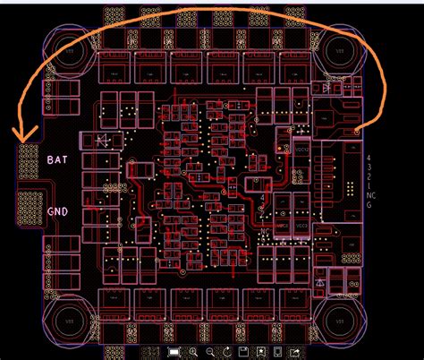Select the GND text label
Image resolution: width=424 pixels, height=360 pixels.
(x=57, y=212)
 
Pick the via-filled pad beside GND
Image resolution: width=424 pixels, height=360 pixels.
(x=28, y=211)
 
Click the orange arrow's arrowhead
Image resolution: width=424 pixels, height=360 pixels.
(x=23, y=140)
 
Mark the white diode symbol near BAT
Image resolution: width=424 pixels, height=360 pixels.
(x=99, y=140)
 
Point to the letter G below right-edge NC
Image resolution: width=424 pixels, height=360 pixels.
(x=369, y=205)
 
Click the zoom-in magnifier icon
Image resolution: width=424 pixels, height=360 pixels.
(x=193, y=351)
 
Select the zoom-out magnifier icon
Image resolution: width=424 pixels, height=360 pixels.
(x=214, y=351)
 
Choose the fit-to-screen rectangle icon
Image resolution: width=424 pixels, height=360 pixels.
(x=174, y=351)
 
